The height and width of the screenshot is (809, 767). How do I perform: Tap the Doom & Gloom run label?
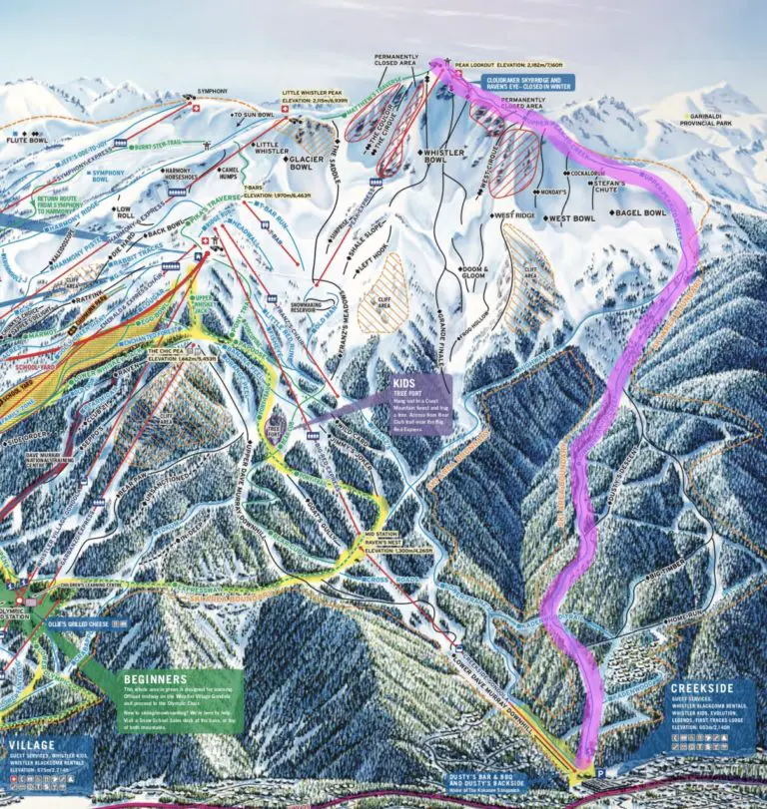[x=472, y=272]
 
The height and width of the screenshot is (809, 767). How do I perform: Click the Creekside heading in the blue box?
[x=702, y=687]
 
